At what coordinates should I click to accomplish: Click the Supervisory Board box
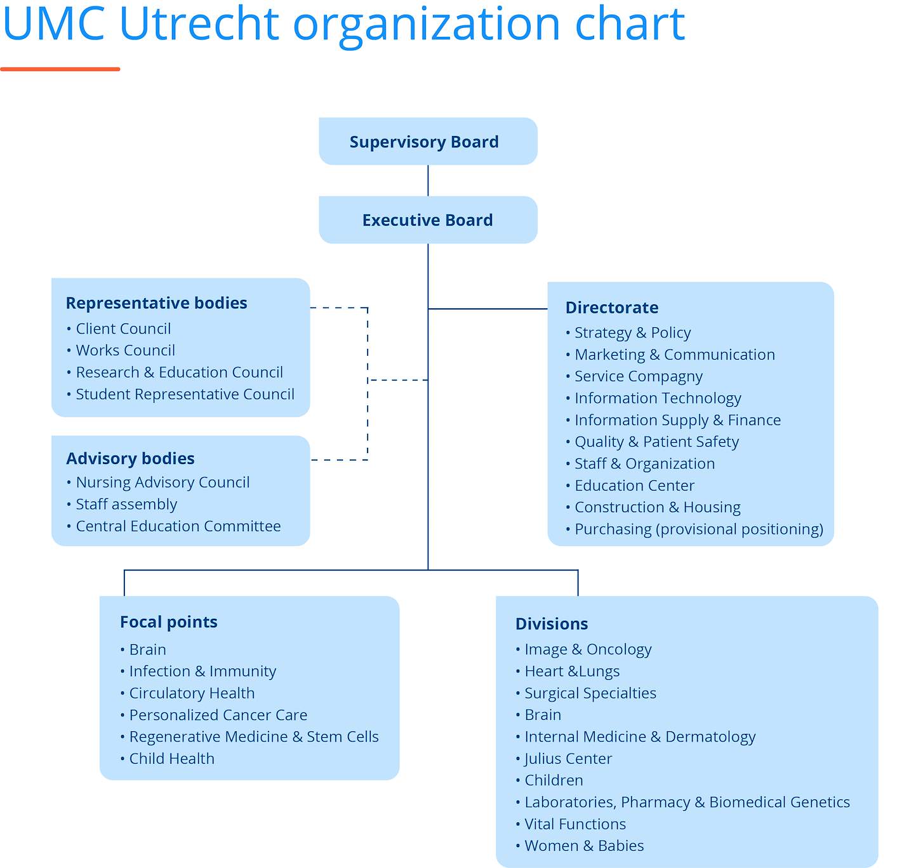tap(428, 141)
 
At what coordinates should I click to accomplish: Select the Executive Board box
tap(428, 220)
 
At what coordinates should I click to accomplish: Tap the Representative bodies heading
tap(156, 303)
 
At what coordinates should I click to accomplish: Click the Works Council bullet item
tap(126, 350)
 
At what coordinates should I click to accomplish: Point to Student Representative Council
tap(185, 394)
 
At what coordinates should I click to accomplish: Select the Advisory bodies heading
tap(130, 458)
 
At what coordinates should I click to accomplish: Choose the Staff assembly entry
tap(126, 504)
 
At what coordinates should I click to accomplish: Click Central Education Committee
tap(178, 526)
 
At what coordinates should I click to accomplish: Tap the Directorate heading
tap(611, 308)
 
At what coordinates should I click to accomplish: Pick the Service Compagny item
tap(638, 376)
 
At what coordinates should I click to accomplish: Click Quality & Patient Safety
tap(656, 441)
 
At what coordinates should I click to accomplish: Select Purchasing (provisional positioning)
tap(698, 529)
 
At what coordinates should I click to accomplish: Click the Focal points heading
tap(169, 622)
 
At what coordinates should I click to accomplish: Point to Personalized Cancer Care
tap(218, 714)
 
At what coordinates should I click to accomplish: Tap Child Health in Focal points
tap(171, 758)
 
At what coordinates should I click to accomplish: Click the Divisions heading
tap(552, 623)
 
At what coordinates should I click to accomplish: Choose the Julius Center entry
tap(568, 758)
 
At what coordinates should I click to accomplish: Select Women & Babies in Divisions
tap(584, 845)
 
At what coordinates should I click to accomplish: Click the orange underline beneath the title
tap(60, 69)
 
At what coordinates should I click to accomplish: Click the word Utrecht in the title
tap(199, 24)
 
